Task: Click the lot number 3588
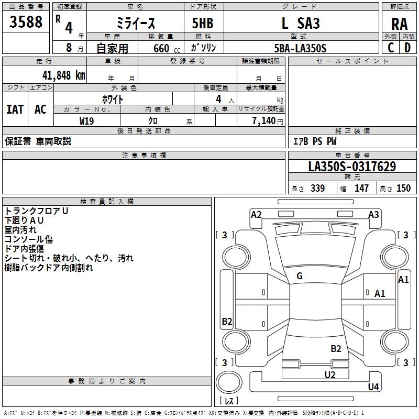26,24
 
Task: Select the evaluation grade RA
399,24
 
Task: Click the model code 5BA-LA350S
300,48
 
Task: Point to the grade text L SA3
300,24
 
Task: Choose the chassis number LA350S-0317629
352,167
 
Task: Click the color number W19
87,120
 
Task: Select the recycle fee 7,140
267,120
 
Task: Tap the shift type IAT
15,109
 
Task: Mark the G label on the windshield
300,276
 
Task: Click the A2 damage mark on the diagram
256,214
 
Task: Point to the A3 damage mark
373,214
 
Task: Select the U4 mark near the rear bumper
373,387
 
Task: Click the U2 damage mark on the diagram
329,374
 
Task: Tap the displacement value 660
161,48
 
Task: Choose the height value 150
403,189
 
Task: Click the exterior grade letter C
390,48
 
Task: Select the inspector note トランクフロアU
37,211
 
